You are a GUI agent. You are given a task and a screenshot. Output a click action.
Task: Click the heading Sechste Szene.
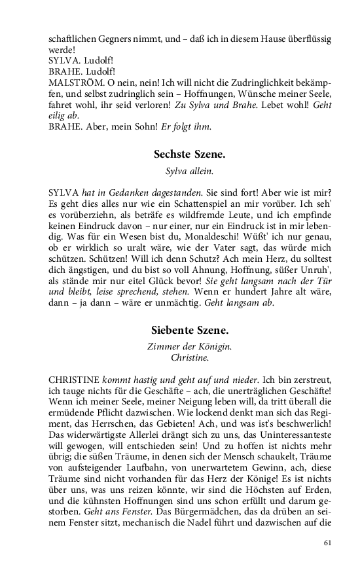[189, 154]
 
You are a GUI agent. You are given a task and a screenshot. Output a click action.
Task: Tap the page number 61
[329, 542]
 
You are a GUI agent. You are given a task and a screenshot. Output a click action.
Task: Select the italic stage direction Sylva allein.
[189, 172]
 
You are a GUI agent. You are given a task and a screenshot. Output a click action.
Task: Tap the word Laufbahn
[149, 469]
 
